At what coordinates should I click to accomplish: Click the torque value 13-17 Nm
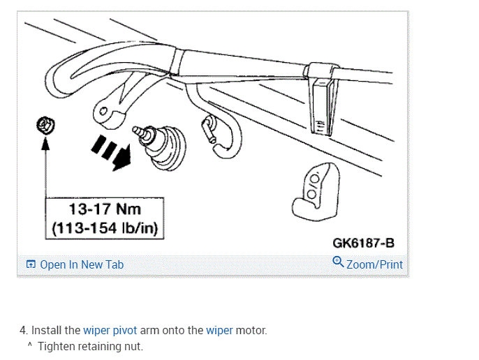(105, 209)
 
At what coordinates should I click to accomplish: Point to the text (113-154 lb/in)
(105, 227)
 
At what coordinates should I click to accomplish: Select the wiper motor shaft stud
(144, 130)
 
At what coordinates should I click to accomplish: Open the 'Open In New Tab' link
(81, 264)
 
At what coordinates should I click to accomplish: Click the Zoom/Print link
(374, 264)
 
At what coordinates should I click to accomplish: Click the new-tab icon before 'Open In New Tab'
(31, 264)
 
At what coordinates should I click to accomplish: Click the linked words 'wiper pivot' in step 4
(110, 331)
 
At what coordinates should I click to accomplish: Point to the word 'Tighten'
(57, 346)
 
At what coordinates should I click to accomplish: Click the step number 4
(23, 331)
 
